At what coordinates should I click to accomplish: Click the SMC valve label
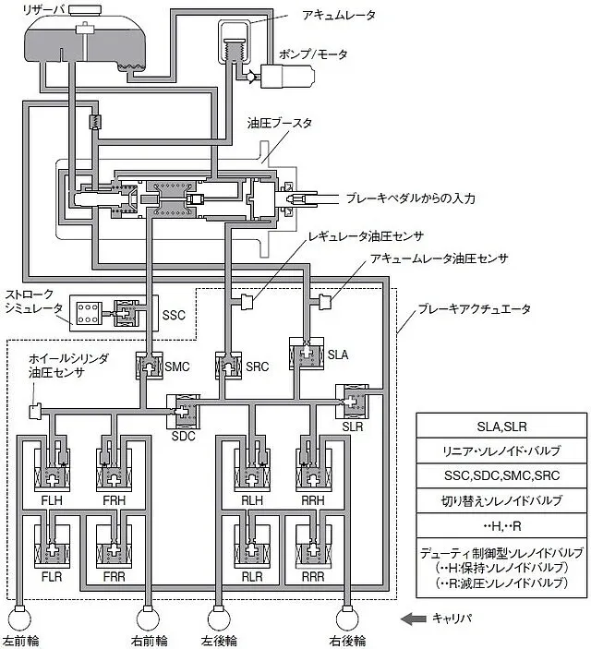[x=177, y=367]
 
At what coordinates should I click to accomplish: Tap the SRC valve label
[x=258, y=367]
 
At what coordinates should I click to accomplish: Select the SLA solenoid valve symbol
[x=307, y=353]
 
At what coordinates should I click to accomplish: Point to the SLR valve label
[x=353, y=427]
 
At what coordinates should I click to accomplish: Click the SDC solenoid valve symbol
[x=183, y=412]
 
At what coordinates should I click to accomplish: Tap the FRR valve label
[x=114, y=576]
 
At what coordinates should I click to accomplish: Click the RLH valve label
[x=252, y=500]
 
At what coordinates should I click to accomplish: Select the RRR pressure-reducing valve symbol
[x=313, y=547]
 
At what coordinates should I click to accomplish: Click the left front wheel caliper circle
[x=20, y=619]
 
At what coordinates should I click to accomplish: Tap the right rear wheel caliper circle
[x=347, y=619]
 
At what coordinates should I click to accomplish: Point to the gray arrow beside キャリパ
[x=414, y=619]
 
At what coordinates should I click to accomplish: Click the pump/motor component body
[x=287, y=76]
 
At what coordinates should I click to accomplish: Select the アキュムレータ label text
[x=338, y=16]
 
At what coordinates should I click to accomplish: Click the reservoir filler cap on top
[x=85, y=10]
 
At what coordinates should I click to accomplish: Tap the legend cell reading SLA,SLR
[x=501, y=426]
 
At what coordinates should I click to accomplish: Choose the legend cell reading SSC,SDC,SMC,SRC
[x=501, y=475]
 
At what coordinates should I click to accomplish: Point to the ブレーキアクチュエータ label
[x=475, y=309]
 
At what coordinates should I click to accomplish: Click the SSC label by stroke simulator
[x=174, y=316]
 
